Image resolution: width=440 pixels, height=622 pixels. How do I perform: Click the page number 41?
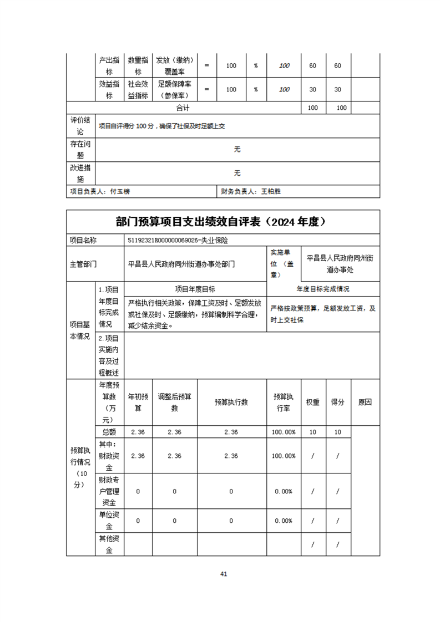[x=224, y=574]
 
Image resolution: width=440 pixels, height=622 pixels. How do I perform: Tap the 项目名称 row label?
[x=83, y=241]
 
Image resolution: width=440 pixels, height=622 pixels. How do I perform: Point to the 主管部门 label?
[x=83, y=264]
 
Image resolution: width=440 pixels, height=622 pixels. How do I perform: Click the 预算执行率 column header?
[x=284, y=402]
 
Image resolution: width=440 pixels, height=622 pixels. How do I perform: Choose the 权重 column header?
[x=313, y=402]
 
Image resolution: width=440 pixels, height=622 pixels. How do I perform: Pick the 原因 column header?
[x=365, y=402]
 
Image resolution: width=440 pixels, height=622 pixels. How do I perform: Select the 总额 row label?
[x=109, y=432]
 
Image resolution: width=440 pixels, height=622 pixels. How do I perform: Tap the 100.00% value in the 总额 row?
[x=284, y=432]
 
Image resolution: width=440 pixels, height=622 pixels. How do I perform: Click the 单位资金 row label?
[x=109, y=521]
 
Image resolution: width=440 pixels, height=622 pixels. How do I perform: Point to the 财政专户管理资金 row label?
[x=109, y=491]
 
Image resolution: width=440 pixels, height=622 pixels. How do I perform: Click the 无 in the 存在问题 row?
[x=237, y=150]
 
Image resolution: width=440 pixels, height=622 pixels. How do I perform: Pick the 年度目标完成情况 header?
[x=323, y=289]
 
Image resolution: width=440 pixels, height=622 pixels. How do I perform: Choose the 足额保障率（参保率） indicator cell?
[x=174, y=89]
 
